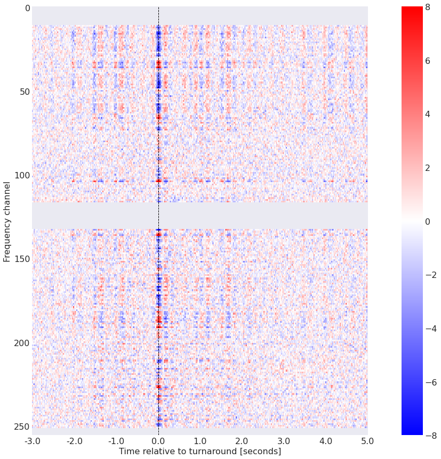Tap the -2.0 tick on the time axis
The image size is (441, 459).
coord(74,441)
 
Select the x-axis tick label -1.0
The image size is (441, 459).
coord(116,441)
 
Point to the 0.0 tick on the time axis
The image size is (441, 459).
coord(158,441)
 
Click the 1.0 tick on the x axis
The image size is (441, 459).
coord(200,441)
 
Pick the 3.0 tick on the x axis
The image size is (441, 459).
coord(284,441)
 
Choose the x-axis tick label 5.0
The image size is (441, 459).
coord(367,441)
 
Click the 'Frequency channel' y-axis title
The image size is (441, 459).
coord(7,221)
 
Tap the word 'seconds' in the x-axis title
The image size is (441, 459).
coord(262,452)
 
